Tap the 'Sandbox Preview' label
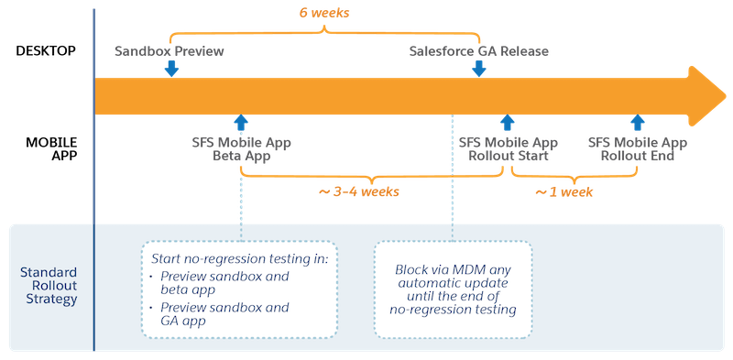(170, 51)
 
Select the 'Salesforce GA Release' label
(478, 51)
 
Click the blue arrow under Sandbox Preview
(171, 69)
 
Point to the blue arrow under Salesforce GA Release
(479, 69)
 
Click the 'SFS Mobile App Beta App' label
(239, 149)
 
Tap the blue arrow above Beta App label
(241, 124)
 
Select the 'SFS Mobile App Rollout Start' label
(508, 149)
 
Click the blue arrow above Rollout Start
(508, 124)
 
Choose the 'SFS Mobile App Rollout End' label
(638, 149)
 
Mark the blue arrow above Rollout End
(638, 124)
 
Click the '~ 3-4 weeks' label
(360, 193)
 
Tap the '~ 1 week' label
(564, 193)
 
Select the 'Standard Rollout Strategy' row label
(47, 286)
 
